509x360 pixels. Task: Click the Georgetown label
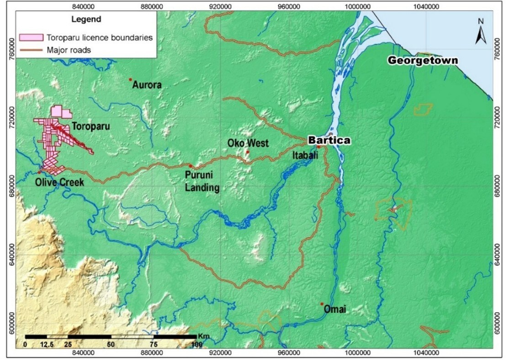coord(422,60)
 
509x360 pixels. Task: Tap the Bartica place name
coord(329,140)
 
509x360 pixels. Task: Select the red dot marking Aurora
coord(131,79)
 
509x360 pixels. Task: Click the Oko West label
coord(248,143)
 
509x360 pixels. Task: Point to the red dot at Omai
coord(322,304)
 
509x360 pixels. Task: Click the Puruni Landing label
coord(202,181)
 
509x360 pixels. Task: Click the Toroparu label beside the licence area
coord(90,127)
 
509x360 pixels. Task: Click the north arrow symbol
coord(480,32)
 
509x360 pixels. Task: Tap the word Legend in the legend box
coord(86,20)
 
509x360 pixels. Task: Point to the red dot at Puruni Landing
coord(191,166)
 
